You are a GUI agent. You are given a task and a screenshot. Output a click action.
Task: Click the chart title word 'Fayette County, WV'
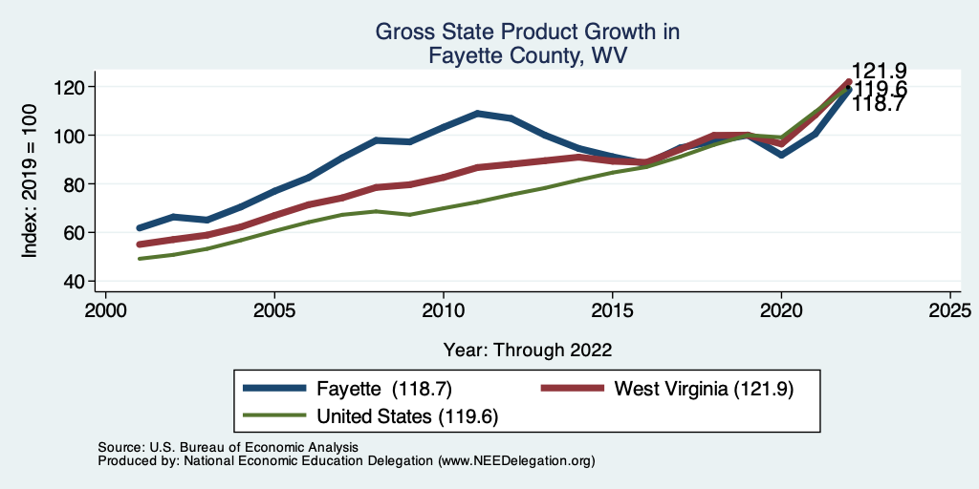[x=527, y=56]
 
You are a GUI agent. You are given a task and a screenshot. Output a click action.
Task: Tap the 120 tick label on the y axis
[x=70, y=87]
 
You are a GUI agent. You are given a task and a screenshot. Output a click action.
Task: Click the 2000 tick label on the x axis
[x=105, y=311]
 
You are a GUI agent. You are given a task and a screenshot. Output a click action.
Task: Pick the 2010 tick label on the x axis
[x=444, y=311]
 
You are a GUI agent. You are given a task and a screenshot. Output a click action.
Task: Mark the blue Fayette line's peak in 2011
[x=477, y=114]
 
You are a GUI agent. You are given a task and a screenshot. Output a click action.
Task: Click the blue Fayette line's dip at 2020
[x=781, y=154]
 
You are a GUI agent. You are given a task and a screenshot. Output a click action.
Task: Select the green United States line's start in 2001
[x=140, y=259]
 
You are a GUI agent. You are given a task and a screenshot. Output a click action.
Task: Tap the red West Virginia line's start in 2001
[x=140, y=244]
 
